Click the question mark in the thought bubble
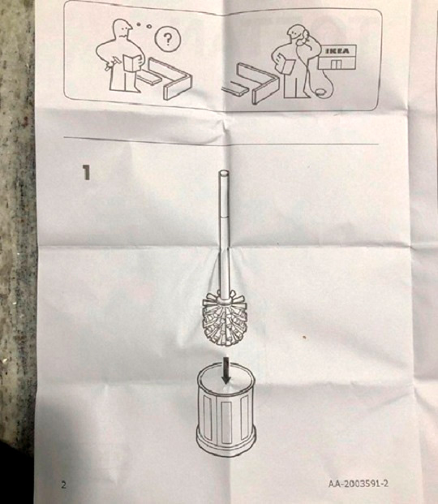click(x=167, y=39)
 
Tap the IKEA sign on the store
click(x=337, y=51)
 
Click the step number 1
click(x=87, y=172)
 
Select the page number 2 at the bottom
click(x=63, y=485)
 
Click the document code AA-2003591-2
click(x=358, y=484)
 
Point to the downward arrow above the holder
click(x=226, y=370)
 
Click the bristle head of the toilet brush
click(x=225, y=319)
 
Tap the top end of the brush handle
click(x=224, y=173)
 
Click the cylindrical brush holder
click(x=226, y=411)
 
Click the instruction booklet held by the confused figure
click(x=132, y=62)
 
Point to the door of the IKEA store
click(x=336, y=63)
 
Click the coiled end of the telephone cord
click(x=320, y=93)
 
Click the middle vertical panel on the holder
click(x=226, y=420)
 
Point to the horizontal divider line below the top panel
click(x=221, y=140)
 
